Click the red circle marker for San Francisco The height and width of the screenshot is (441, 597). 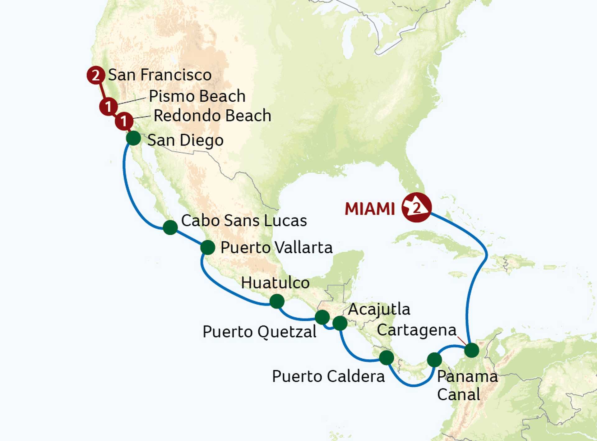pos(95,76)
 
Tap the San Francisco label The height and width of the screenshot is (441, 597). pos(160,75)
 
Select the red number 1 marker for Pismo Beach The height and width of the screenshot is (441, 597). pos(108,107)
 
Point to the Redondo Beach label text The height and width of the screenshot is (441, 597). pos(212,116)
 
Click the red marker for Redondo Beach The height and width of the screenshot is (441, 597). pos(124,121)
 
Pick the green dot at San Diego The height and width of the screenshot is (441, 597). pos(133,138)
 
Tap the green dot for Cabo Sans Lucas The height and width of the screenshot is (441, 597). pos(170,227)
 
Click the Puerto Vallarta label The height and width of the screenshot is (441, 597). pos(276,248)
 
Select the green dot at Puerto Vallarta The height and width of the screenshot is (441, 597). pos(208,247)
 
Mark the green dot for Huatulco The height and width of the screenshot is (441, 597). pos(277,301)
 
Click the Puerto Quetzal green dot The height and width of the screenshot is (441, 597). pos(322,317)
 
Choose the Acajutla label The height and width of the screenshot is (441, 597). pos(379,309)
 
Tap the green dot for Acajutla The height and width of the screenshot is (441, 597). pos(340,323)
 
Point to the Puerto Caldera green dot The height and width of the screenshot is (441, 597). pos(386,357)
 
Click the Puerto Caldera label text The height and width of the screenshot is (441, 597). pos(328,376)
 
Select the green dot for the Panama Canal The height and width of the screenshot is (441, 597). pos(434,360)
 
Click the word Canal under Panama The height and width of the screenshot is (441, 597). pos(458,395)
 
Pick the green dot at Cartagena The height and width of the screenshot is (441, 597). pos(472,350)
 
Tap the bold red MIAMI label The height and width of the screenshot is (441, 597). pos(370,209)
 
